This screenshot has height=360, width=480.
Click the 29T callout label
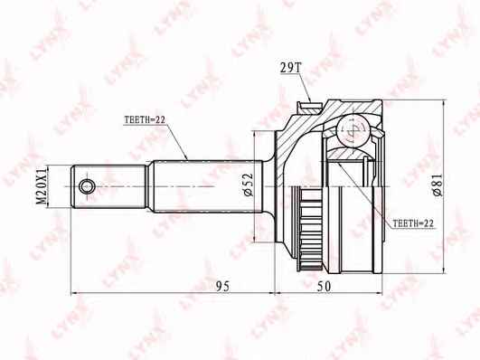(291, 69)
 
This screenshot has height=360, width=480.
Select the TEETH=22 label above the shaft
(145, 119)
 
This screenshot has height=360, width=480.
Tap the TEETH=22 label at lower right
(413, 223)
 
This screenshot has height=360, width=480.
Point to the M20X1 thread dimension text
(42, 186)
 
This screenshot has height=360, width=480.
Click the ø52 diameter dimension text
(248, 185)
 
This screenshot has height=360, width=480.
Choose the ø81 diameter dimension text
(438, 185)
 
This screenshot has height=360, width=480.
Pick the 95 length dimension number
(222, 286)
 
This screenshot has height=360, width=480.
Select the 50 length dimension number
(324, 286)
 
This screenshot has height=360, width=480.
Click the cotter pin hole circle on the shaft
(87, 186)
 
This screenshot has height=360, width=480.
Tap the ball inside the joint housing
(352, 130)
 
